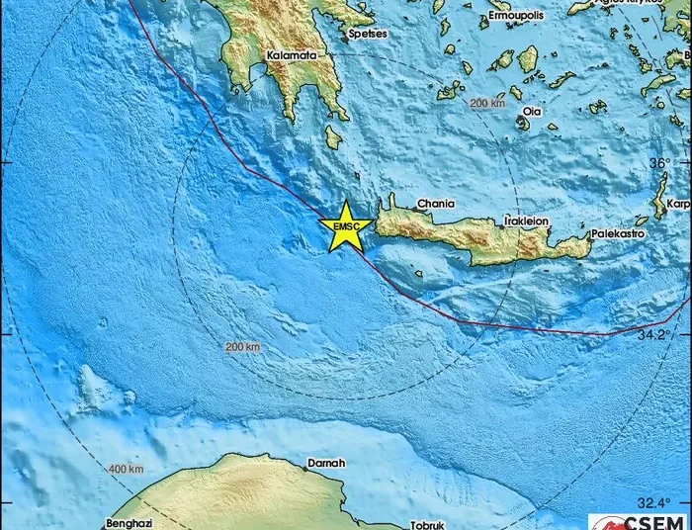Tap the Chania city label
point(435,204)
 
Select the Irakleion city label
point(526,220)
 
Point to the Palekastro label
point(618,234)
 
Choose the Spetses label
point(368,34)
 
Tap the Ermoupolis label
point(515,18)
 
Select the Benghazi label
point(130,522)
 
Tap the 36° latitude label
point(658,161)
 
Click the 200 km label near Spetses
point(486,103)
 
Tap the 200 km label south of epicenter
point(242,347)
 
